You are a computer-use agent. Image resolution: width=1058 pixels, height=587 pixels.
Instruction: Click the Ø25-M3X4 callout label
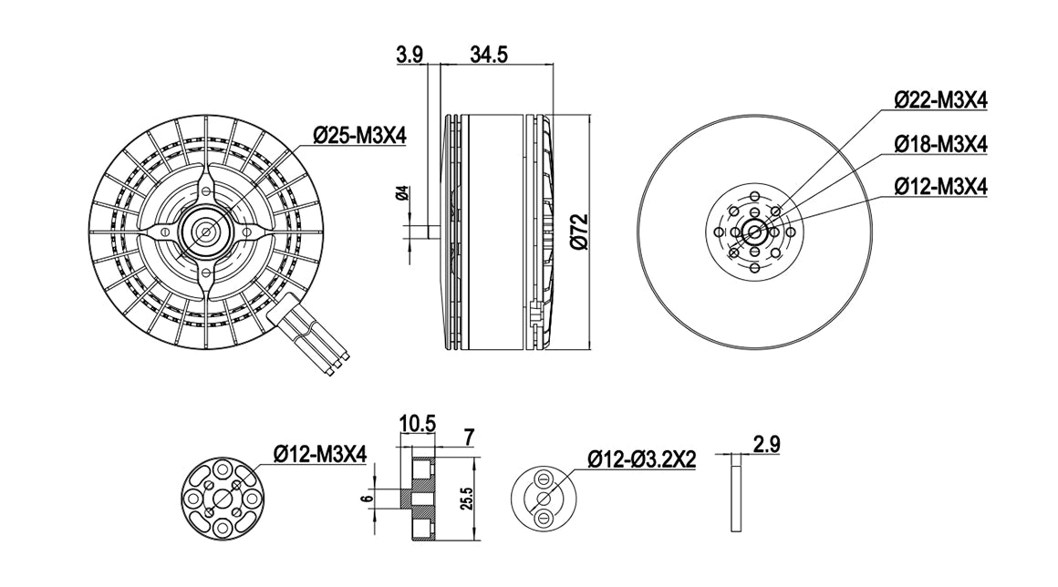(359, 136)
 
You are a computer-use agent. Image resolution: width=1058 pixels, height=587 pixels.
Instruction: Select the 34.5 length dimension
(489, 54)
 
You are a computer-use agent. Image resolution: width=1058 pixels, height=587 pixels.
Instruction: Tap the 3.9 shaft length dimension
(410, 54)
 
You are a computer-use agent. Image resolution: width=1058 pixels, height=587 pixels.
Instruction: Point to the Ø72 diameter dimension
(579, 232)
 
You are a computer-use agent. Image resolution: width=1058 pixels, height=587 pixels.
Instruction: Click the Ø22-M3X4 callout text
(940, 100)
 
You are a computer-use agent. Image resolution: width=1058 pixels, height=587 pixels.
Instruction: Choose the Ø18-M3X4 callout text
(940, 143)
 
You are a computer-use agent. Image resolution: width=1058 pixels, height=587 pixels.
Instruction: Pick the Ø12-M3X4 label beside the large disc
(940, 186)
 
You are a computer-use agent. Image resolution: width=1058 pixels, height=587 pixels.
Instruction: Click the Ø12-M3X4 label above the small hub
(320, 454)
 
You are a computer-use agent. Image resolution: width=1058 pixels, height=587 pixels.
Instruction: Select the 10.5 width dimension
(418, 424)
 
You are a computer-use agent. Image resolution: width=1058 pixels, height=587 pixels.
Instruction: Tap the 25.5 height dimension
(468, 499)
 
